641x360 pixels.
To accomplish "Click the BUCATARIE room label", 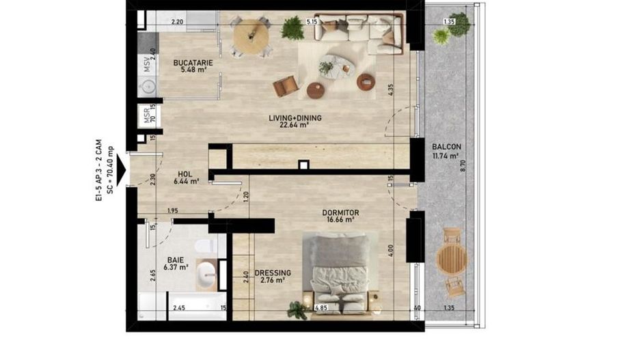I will coord(193,63).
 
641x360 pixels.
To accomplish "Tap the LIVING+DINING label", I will coord(295,118).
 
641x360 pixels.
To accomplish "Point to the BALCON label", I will coord(446,147).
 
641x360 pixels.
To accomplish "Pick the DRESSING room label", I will coord(273,273).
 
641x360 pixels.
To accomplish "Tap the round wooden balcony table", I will coord(452,260).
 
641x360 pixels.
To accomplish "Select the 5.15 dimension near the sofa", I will coord(313,22).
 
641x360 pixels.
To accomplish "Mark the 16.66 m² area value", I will coord(340,220).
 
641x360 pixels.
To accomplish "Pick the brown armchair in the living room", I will coord(287,86).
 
